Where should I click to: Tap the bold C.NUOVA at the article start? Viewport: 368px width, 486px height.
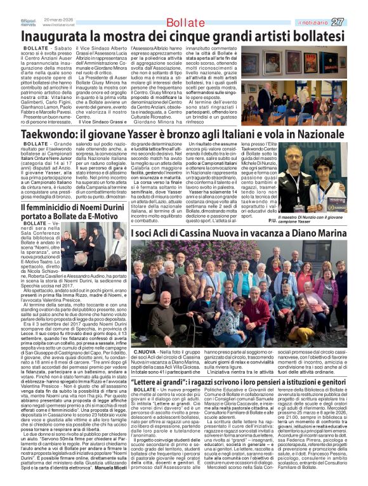pos(145,351)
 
